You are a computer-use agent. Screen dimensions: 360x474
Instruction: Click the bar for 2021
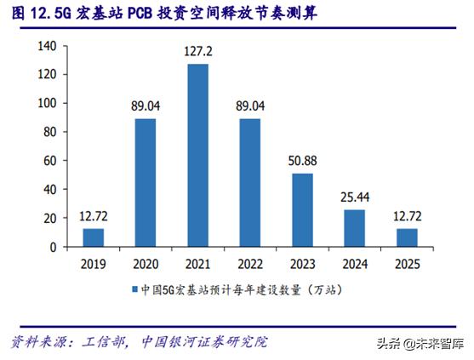pos(197,156)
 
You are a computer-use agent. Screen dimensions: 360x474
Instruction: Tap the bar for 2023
pos(302,210)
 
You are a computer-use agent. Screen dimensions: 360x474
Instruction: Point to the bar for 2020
pos(146,183)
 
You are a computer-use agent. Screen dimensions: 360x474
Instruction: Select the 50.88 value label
pos(302,161)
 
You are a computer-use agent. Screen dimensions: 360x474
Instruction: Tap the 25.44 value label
pos(354,197)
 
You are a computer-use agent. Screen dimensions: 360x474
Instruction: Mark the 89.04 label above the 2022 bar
pos(250,106)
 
